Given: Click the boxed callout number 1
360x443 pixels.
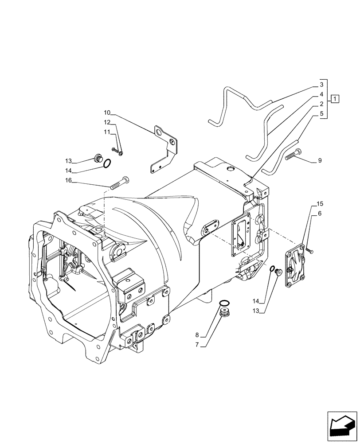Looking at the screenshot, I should pyautogui.click(x=335, y=98).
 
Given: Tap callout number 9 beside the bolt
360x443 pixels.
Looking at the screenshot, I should pyautogui.click(x=320, y=161).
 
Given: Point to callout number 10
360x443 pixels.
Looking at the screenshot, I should pyautogui.click(x=107, y=112).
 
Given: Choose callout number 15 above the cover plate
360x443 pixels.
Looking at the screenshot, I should pyautogui.click(x=320, y=204).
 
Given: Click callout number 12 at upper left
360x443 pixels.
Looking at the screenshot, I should pyautogui.click(x=107, y=122).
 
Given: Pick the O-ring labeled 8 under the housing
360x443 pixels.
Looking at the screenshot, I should pyautogui.click(x=225, y=303).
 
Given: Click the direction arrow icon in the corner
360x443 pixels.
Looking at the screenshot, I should pyautogui.click(x=342, y=427).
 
